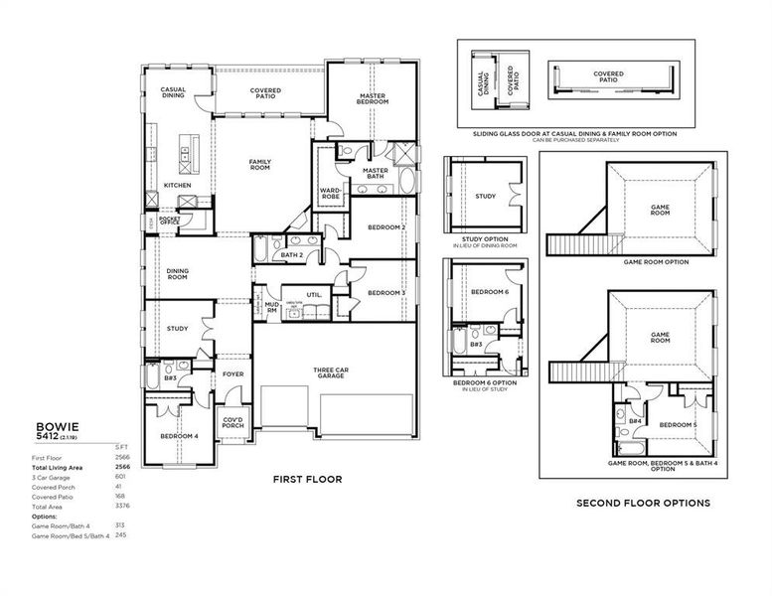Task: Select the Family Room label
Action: pyautogui.click(x=260, y=165)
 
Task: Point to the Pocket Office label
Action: pyautogui.click(x=169, y=221)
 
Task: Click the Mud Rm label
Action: pyautogui.click(x=271, y=308)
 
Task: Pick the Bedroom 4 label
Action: pyautogui.click(x=180, y=436)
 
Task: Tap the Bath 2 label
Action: pyautogui.click(x=291, y=255)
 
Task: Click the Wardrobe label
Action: pyautogui.click(x=331, y=193)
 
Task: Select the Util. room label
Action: pyautogui.click(x=314, y=294)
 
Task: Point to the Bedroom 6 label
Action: pyautogui.click(x=490, y=292)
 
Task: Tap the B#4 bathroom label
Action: pyautogui.click(x=633, y=420)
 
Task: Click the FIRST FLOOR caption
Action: pyautogui.click(x=308, y=479)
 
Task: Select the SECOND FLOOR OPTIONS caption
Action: pyautogui.click(x=643, y=504)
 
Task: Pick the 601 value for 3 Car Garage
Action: pyautogui.click(x=121, y=477)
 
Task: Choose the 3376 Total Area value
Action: pyautogui.click(x=122, y=507)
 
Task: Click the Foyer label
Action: pyautogui.click(x=232, y=374)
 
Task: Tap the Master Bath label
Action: pyautogui.click(x=375, y=173)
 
